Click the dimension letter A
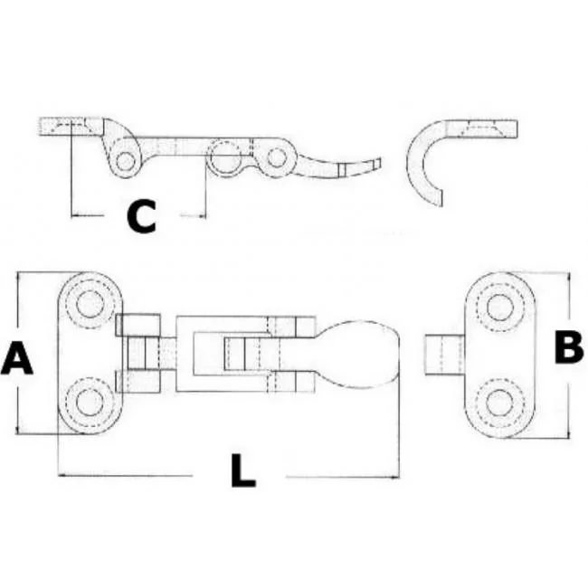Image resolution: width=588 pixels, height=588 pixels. click(17, 358)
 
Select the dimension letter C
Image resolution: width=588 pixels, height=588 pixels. click(141, 216)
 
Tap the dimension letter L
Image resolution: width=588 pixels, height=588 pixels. click(242, 470)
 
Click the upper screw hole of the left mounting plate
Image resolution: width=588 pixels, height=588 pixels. click(90, 303)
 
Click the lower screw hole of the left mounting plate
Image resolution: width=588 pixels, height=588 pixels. click(90, 403)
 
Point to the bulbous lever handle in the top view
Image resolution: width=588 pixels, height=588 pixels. click(357, 355)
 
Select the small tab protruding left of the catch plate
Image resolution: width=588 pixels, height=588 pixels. click(445, 355)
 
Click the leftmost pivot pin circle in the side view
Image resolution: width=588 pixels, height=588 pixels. click(126, 161)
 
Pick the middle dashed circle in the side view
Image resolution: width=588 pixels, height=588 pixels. click(225, 157)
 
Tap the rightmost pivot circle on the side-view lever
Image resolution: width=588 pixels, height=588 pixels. click(277, 157)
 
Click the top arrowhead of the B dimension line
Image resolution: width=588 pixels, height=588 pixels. click(569, 277)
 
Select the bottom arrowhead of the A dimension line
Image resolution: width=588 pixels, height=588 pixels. click(17, 429)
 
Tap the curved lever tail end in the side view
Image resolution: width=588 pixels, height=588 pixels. click(378, 163)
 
